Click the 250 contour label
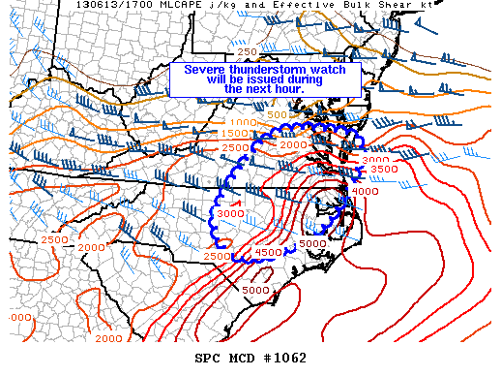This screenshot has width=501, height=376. click(x=247, y=51)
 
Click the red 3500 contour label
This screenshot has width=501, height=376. click(x=384, y=170)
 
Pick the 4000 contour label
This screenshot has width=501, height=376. click(x=366, y=191)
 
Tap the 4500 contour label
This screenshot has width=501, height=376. click(x=268, y=253)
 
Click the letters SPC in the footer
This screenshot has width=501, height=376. click(x=208, y=359)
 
